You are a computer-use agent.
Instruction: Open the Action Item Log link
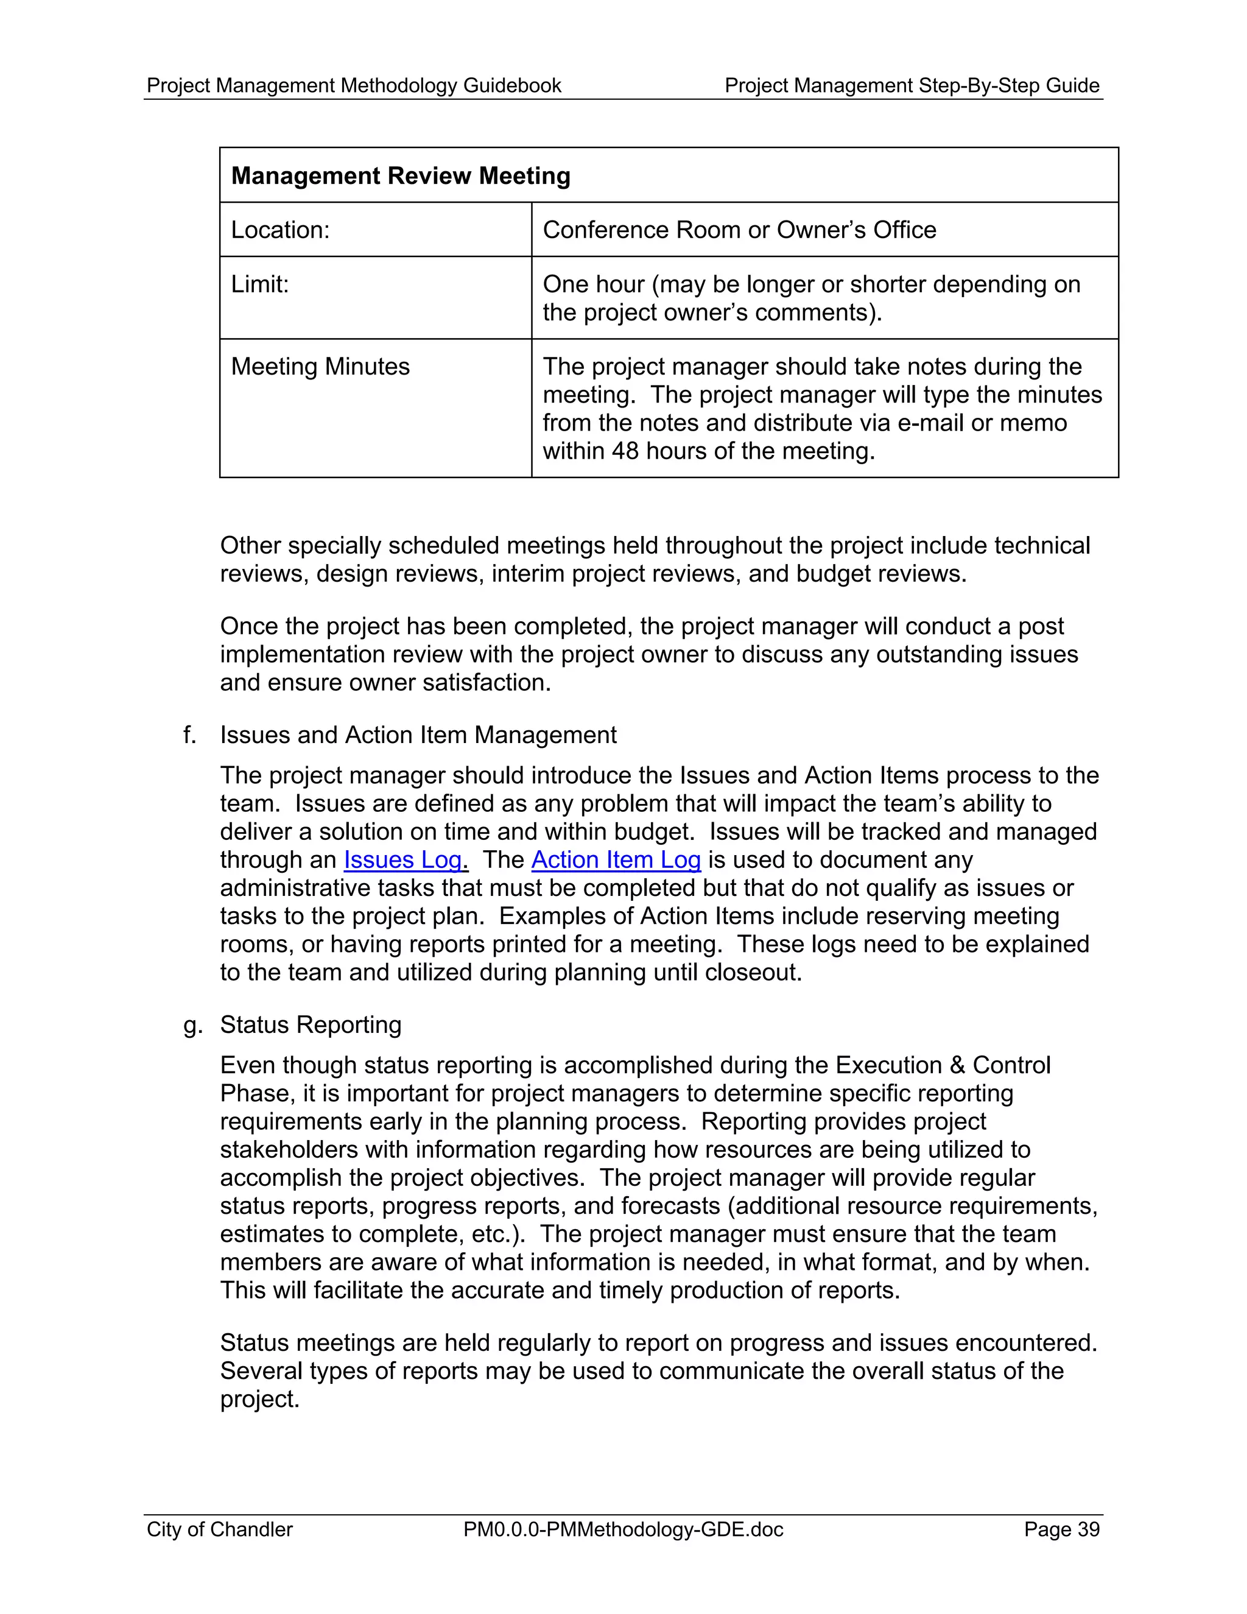click(x=616, y=860)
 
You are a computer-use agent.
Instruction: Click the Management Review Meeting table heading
click(x=401, y=176)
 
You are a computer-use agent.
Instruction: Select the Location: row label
click(x=280, y=230)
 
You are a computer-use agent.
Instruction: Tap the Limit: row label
click(x=259, y=284)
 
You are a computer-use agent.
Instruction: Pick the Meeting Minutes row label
click(x=320, y=367)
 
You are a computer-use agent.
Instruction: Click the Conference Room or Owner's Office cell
click(x=739, y=230)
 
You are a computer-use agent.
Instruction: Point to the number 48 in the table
click(x=625, y=451)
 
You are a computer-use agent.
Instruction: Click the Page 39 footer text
click(x=1061, y=1529)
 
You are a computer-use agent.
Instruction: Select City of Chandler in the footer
click(x=219, y=1529)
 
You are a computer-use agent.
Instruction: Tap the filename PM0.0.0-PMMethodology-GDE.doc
click(x=623, y=1529)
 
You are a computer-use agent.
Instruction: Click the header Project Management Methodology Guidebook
click(x=354, y=86)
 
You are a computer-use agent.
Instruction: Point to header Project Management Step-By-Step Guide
click(x=912, y=86)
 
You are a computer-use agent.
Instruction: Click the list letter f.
click(x=189, y=735)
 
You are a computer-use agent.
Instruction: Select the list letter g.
click(x=191, y=1026)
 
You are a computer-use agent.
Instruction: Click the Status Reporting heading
click(x=311, y=1025)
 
